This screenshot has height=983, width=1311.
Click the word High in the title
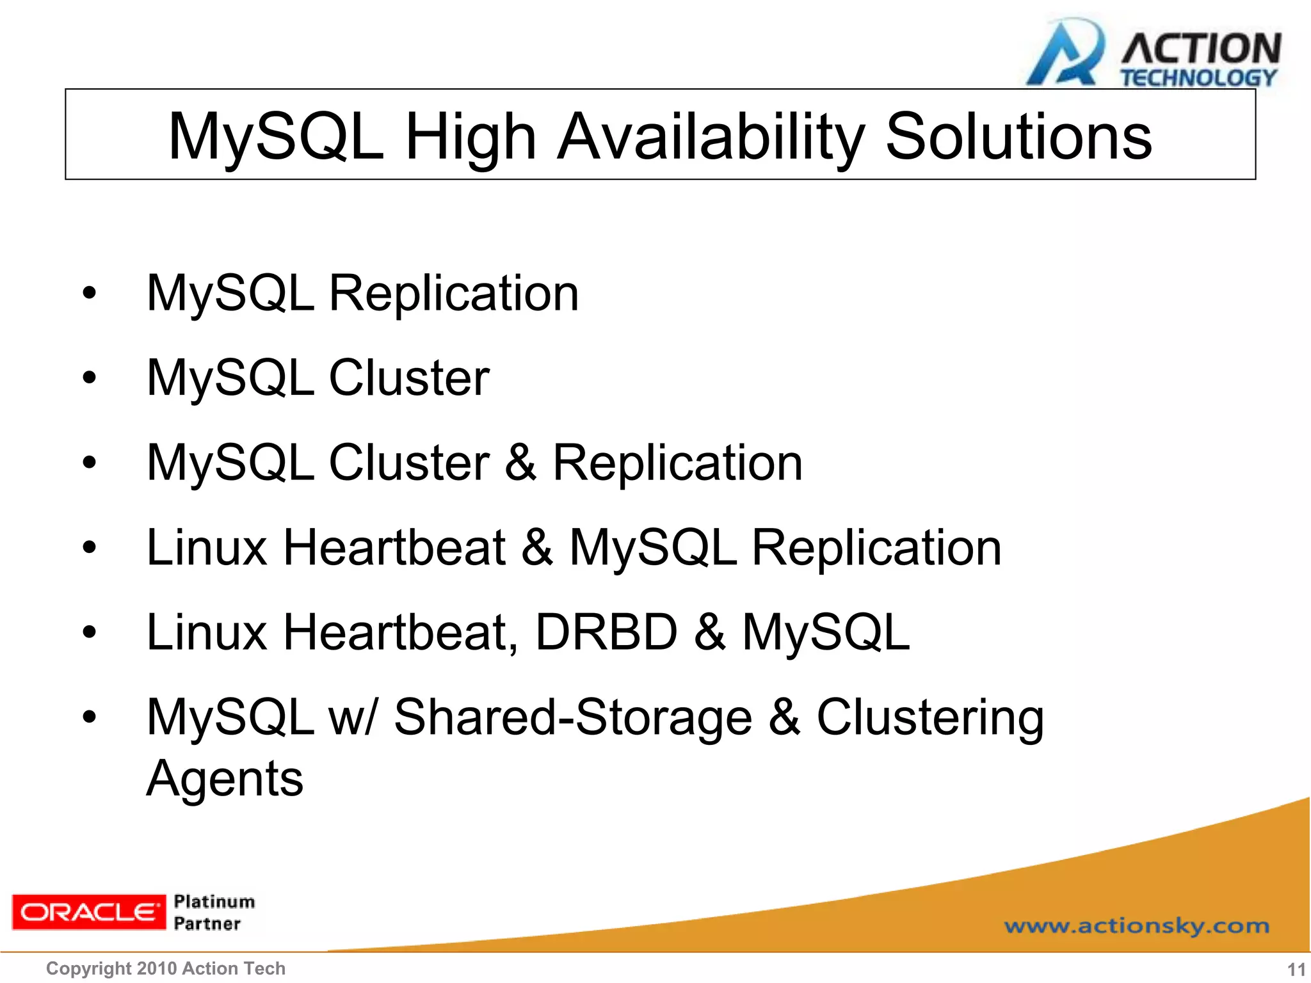(471, 137)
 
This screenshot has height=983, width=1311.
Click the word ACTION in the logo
(1200, 49)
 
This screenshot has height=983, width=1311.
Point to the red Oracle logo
(88, 912)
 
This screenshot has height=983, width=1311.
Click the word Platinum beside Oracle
(214, 902)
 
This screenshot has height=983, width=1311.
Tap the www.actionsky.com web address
(1136, 926)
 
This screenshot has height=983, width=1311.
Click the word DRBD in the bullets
(606, 632)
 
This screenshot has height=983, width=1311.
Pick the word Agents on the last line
(225, 778)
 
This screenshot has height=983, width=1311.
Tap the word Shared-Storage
(573, 717)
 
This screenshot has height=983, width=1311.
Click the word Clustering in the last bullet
(930, 717)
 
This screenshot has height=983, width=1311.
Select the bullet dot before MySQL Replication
(89, 294)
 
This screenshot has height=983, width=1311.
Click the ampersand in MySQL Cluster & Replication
(520, 463)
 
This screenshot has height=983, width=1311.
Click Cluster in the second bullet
(409, 378)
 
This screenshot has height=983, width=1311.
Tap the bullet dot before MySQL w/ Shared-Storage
(89, 717)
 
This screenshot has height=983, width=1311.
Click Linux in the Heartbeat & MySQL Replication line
(207, 547)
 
